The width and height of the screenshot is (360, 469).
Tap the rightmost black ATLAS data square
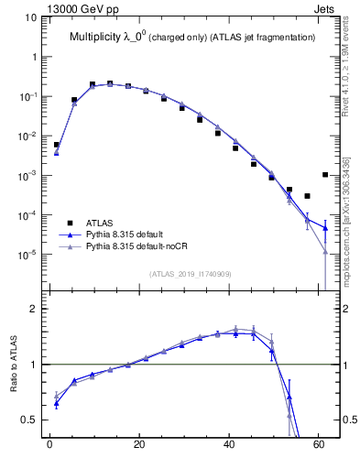(x=325, y=174)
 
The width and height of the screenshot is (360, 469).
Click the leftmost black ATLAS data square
(x=56, y=145)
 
